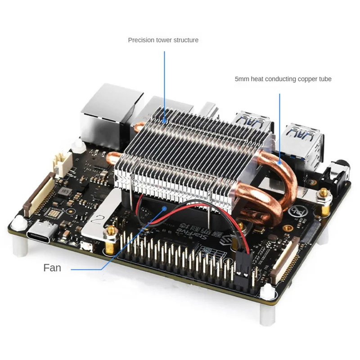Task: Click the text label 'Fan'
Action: point(52,268)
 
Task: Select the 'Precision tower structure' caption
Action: point(163,40)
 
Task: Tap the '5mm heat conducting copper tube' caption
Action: point(283,79)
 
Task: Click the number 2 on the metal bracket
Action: point(96,220)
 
